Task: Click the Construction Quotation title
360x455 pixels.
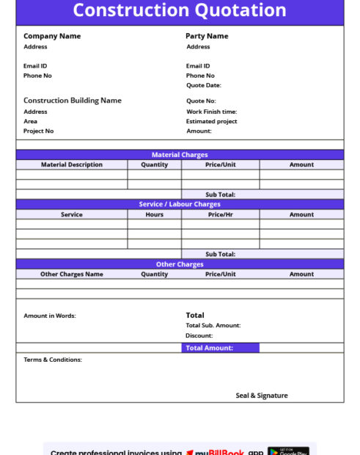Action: coord(180,11)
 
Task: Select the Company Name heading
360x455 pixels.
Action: coord(52,36)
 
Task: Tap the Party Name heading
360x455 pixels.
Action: coord(207,36)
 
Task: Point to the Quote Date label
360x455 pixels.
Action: coord(203,85)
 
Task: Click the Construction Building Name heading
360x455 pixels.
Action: coord(73,101)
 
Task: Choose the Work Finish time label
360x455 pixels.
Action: coord(211,112)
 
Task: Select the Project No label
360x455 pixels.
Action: coord(39,131)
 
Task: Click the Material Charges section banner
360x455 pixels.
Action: coord(180,155)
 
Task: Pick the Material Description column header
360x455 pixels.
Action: coord(72,165)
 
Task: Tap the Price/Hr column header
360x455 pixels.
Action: coord(221,215)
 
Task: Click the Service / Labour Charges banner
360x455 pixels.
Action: coord(180,205)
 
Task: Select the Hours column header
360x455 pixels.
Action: coord(155,215)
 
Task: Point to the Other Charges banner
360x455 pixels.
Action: coord(180,264)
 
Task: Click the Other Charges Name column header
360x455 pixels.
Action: coord(72,274)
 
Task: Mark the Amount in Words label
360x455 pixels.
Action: coord(50,316)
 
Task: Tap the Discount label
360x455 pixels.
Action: coord(199,336)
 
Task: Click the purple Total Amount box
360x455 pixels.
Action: coord(220,348)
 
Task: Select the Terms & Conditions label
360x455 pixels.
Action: coord(53,360)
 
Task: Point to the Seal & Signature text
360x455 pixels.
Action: coord(262,396)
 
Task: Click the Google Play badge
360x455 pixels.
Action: coord(288,451)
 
